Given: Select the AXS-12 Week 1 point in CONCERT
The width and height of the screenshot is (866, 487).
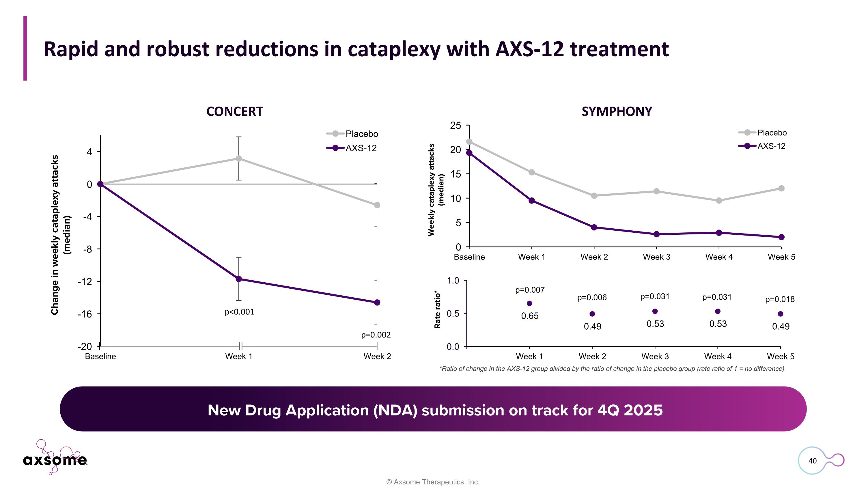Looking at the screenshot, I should (239, 279).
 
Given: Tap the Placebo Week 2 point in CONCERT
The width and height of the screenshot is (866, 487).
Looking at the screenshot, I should (377, 205).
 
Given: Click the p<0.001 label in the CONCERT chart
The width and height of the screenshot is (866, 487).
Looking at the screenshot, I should (239, 312).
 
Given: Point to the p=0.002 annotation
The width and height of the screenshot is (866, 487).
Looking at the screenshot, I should (376, 335).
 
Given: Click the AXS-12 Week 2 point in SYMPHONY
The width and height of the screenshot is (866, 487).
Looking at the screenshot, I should (594, 227).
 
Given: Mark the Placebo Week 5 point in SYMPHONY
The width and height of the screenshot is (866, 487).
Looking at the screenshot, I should (781, 189).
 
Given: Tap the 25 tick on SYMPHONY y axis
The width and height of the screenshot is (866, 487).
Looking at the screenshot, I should (456, 126).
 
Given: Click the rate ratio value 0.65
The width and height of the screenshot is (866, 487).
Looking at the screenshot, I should (529, 316).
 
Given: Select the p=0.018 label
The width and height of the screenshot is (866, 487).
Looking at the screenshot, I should (780, 299).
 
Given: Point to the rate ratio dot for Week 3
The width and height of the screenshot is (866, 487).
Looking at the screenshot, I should (655, 311).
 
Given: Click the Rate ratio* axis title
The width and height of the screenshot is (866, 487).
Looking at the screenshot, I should (437, 309).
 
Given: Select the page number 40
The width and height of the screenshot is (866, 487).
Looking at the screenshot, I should (812, 461).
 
